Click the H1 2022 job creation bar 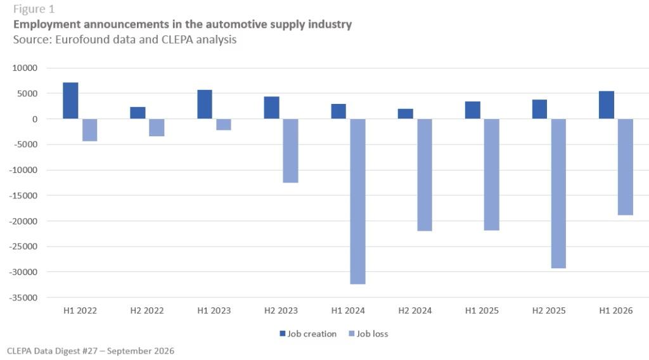tap(70, 101)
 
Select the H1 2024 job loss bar tap(357, 202)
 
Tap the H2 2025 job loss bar tap(558, 194)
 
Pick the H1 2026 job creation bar tap(607, 105)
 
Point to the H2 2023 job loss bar tap(290, 151)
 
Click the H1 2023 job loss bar tap(224, 125)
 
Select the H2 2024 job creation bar tap(405, 114)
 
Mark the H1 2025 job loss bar tap(491, 175)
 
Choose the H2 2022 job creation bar tap(138, 113)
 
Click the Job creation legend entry tap(308, 334)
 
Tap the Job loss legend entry tap(368, 334)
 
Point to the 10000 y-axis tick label tap(25, 68)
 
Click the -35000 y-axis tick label tap(23, 297)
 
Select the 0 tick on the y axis tap(35, 119)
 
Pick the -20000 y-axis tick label tap(23, 221)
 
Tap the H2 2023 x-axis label tap(281, 311)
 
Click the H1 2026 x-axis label tap(616, 311)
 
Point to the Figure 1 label tap(34, 9)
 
